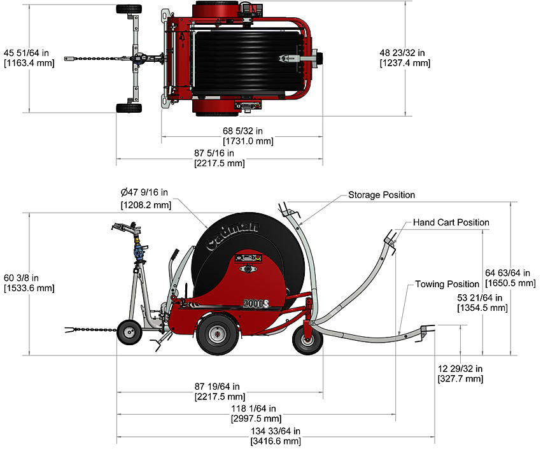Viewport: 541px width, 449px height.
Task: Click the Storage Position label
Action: [381, 195]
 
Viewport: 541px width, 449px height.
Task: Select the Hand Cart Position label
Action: [451, 222]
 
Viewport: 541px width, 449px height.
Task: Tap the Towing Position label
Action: [447, 284]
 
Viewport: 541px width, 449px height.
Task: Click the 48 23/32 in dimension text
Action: [405, 52]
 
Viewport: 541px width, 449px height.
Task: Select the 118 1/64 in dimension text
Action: [255, 409]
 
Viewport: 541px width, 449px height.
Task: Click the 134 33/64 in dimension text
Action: [275, 431]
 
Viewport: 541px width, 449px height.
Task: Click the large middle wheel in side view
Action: [216, 334]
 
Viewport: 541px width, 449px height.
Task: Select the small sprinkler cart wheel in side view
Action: [130, 332]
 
